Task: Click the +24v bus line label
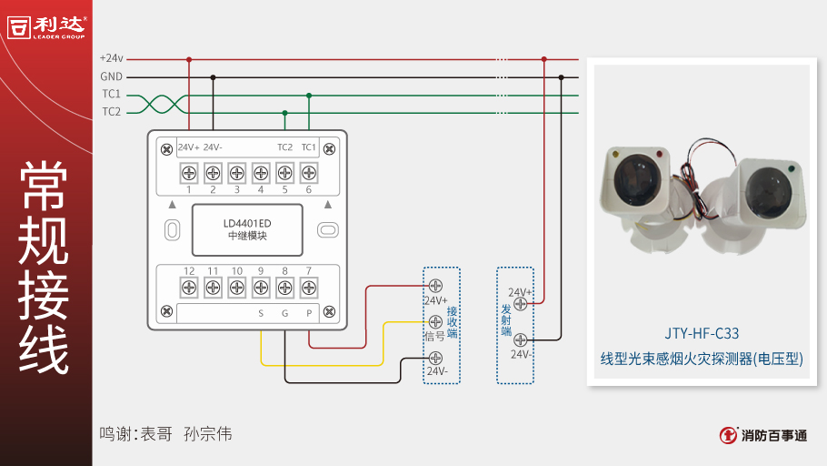[x=112, y=59]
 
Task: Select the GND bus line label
[x=112, y=77]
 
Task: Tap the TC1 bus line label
[x=112, y=95]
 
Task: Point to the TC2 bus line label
[x=112, y=112]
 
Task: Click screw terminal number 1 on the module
[x=189, y=172]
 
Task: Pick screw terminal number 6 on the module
[x=309, y=172]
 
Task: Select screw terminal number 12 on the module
[x=189, y=287]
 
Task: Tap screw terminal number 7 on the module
[x=309, y=287]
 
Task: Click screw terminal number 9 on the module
[x=261, y=287]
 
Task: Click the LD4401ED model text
[x=247, y=223]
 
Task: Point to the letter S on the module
[x=261, y=314]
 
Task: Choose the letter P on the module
[x=309, y=314]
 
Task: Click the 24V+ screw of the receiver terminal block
[x=435, y=287]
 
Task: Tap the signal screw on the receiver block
[x=435, y=321]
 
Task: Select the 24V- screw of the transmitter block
[x=521, y=339]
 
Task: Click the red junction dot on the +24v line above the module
[x=189, y=59]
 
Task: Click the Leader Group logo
[x=46, y=26]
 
